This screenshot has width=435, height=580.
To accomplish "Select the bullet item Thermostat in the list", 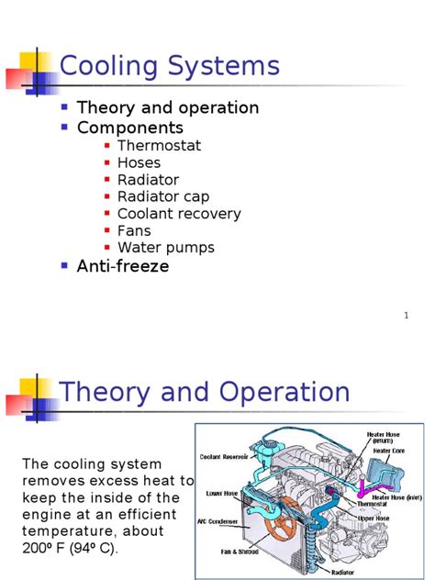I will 159,145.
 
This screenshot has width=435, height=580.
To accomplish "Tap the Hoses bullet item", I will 139,162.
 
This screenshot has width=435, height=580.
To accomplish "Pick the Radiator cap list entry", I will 163,196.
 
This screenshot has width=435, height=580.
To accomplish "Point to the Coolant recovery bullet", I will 179,214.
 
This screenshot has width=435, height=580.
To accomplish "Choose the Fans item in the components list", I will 134,230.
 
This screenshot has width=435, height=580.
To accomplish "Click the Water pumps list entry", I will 166,248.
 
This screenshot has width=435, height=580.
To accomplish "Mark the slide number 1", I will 405,317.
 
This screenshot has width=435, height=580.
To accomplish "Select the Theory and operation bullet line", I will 168,107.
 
